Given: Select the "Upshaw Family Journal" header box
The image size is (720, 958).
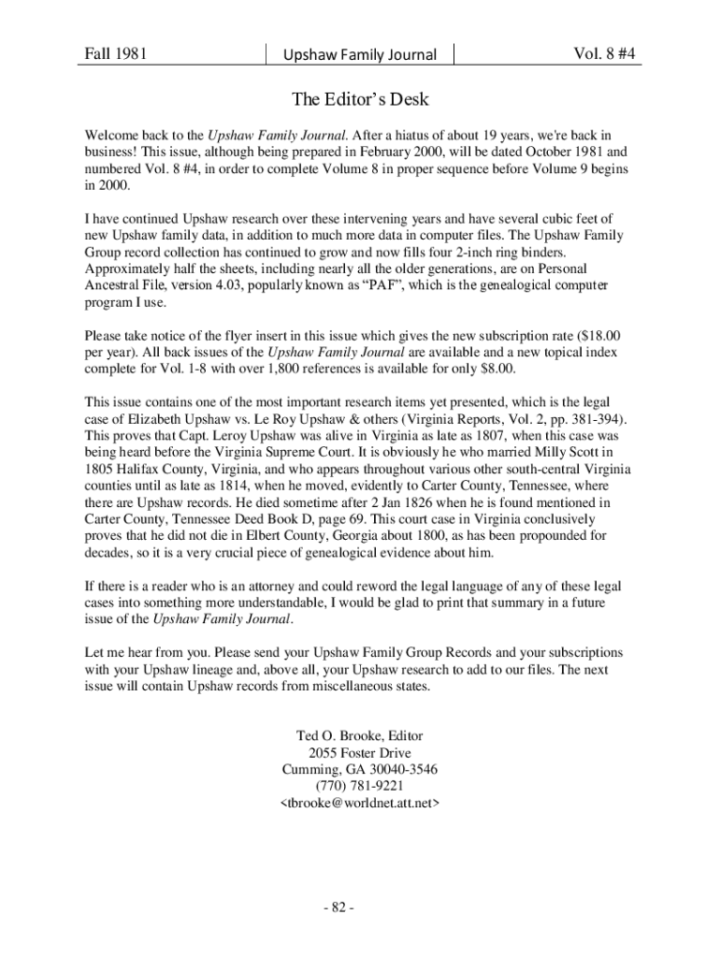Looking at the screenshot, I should pyautogui.click(x=360, y=54).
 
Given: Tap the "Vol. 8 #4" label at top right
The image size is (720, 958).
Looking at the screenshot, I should pyautogui.click(x=604, y=53).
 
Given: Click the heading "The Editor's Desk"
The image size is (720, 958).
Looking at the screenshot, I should pyautogui.click(x=360, y=98).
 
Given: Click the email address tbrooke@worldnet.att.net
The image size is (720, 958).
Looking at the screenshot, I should pyautogui.click(x=360, y=803).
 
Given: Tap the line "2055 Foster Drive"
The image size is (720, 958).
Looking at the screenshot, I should pyautogui.click(x=360, y=752).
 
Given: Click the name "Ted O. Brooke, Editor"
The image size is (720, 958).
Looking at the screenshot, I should pyautogui.click(x=360, y=735).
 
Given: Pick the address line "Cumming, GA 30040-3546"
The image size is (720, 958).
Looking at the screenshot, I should pyautogui.click(x=360, y=769).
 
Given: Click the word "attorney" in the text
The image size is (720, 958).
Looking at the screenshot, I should pyautogui.click(x=281, y=587).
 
